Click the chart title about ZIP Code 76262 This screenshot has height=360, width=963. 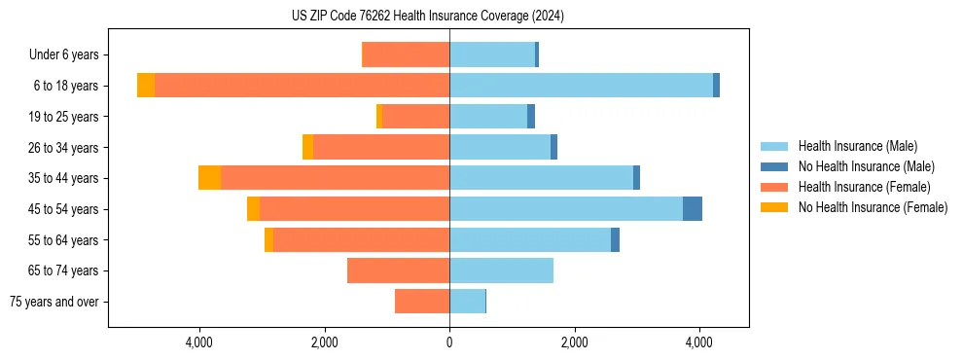(427, 17)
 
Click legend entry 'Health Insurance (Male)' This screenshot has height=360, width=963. (856, 146)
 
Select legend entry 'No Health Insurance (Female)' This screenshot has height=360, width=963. (873, 207)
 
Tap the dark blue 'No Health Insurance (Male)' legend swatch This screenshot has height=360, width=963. (775, 166)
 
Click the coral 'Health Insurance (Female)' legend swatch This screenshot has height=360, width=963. (775, 187)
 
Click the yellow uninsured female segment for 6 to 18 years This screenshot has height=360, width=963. (146, 86)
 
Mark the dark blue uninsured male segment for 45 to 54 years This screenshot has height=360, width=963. (693, 209)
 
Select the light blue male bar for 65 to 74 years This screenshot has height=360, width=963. (501, 270)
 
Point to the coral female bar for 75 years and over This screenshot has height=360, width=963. (422, 302)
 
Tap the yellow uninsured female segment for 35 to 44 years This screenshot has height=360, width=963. (209, 178)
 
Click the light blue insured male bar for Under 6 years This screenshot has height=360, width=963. (492, 54)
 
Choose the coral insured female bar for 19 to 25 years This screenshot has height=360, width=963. (416, 117)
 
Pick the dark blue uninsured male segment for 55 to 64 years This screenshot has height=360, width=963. (615, 240)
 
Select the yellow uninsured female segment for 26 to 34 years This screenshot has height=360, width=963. (307, 147)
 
